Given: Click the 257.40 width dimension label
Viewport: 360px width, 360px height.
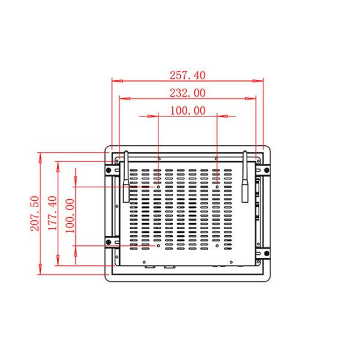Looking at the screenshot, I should click(188, 75).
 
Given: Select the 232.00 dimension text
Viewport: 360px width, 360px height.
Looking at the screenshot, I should click(188, 93).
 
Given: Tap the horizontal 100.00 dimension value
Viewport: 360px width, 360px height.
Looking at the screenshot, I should click(187, 110).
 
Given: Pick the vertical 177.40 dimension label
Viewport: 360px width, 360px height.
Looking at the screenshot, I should click(52, 213).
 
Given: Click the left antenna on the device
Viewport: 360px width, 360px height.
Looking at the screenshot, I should click(127, 178).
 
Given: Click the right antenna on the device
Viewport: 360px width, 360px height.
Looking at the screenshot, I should click(245, 178).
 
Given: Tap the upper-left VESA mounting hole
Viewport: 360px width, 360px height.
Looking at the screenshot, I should click(158, 187).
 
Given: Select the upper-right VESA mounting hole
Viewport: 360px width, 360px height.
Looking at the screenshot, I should click(216, 187).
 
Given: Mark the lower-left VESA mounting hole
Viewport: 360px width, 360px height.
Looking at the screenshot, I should click(158, 245).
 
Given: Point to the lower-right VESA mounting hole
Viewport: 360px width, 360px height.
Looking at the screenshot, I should click(216, 245).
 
